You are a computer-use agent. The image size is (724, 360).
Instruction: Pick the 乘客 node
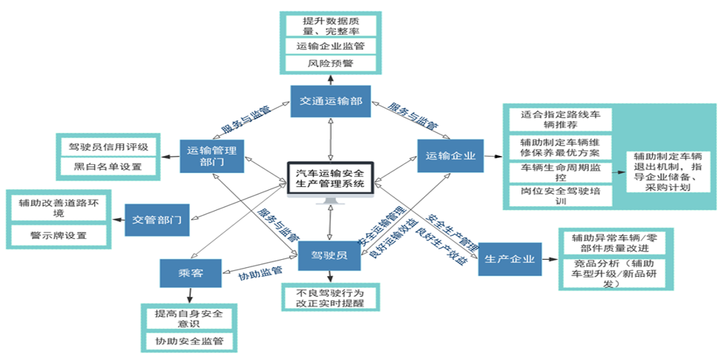point(191,273)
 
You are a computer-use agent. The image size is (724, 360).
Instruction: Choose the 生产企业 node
point(510,260)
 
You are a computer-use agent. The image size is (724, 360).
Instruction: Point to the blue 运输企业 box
point(449,156)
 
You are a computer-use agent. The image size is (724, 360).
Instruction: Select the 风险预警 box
point(331,63)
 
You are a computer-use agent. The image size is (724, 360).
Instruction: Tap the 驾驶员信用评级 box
point(108,145)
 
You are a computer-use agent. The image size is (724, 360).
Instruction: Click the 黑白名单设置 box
point(108,167)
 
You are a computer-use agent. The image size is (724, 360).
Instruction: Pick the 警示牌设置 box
point(59,236)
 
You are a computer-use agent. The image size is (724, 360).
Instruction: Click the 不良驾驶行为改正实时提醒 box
point(332,298)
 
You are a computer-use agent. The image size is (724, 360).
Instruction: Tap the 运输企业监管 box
point(331,45)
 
